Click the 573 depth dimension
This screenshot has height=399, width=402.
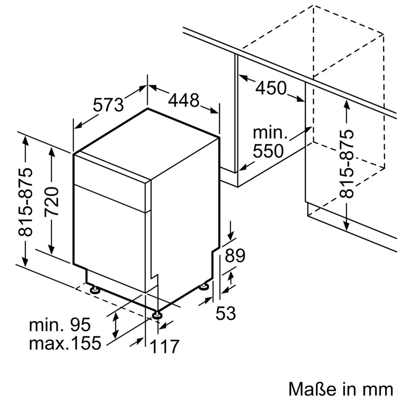(108, 105)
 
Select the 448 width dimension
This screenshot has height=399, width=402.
(184, 100)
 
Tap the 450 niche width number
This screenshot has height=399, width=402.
(271, 88)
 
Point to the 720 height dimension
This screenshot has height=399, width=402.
(52, 202)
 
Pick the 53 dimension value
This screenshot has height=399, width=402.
(226, 313)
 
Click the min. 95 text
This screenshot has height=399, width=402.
(60, 325)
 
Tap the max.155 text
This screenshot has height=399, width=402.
(65, 343)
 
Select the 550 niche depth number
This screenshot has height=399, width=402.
(268, 151)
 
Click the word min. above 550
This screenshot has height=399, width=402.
(270, 133)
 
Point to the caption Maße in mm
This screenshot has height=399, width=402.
(341, 389)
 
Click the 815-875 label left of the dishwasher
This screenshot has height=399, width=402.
(25, 202)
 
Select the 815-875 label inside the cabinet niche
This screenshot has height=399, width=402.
(346, 164)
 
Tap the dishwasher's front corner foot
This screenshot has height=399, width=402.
(157, 315)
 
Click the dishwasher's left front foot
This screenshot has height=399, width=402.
(95, 290)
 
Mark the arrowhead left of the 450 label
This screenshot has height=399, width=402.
(243, 78)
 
